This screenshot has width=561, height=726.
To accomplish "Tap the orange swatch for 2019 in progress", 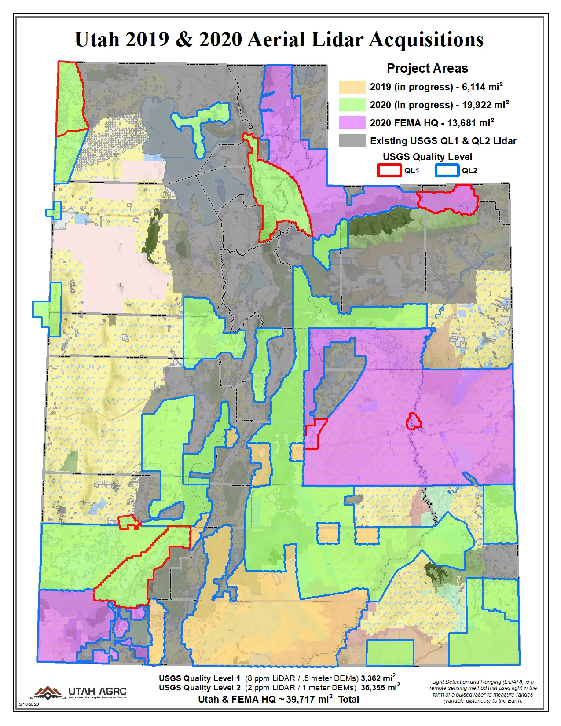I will point(352,87).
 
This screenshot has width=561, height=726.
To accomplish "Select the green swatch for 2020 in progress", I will point(352,105).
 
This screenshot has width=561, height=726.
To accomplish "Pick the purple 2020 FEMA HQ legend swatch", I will point(352,123).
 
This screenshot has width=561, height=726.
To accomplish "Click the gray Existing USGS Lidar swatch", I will point(352,141).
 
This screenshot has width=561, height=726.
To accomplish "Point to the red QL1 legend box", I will point(389,170).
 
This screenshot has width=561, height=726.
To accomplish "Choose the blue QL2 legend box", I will point(447,170).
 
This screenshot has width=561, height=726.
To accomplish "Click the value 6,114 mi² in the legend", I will point(482,87).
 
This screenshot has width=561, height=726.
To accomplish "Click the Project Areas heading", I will point(427,68).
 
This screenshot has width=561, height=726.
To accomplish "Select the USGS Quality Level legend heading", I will point(427,157).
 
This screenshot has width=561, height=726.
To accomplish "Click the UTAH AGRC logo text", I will point(97,692).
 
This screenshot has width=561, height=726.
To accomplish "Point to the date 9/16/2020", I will point(29,704).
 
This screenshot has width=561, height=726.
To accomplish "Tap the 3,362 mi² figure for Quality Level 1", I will point(378,678).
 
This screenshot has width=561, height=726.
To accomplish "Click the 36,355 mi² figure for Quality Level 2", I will point(380,687).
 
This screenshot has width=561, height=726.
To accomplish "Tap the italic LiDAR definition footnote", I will point(483,691).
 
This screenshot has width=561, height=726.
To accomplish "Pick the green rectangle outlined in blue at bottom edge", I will point(390,653).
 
